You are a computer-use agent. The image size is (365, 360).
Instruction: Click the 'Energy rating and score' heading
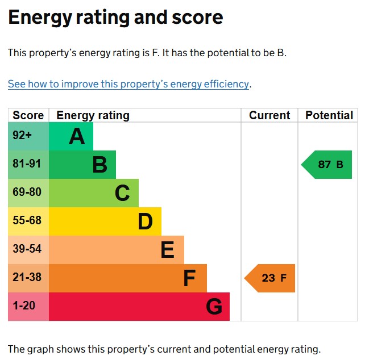click(115, 18)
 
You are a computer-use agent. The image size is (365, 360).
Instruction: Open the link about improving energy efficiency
click(128, 84)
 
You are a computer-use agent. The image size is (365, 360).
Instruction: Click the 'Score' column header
click(28, 115)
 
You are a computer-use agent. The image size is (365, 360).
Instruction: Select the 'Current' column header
click(269, 115)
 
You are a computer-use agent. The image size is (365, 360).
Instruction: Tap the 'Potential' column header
click(329, 115)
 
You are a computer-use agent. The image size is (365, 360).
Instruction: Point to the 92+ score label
click(23, 136)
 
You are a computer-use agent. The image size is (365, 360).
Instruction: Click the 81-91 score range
click(27, 164)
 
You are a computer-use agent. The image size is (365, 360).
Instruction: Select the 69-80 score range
click(27, 192)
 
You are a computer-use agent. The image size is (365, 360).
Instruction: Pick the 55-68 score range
click(27, 221)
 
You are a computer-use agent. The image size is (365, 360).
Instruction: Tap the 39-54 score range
click(27, 249)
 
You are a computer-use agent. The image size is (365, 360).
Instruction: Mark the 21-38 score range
click(27, 278)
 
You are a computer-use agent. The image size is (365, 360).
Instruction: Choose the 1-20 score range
click(24, 306)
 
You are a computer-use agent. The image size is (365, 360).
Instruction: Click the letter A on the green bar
click(77, 137)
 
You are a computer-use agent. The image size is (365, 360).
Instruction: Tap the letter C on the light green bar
click(122, 194)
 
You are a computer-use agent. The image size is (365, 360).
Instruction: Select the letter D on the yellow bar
click(145, 222)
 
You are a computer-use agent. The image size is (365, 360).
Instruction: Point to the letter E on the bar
click(167, 250)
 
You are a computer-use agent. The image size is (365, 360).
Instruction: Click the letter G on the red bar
click(214, 307)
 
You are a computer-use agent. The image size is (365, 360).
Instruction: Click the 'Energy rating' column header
click(93, 115)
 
